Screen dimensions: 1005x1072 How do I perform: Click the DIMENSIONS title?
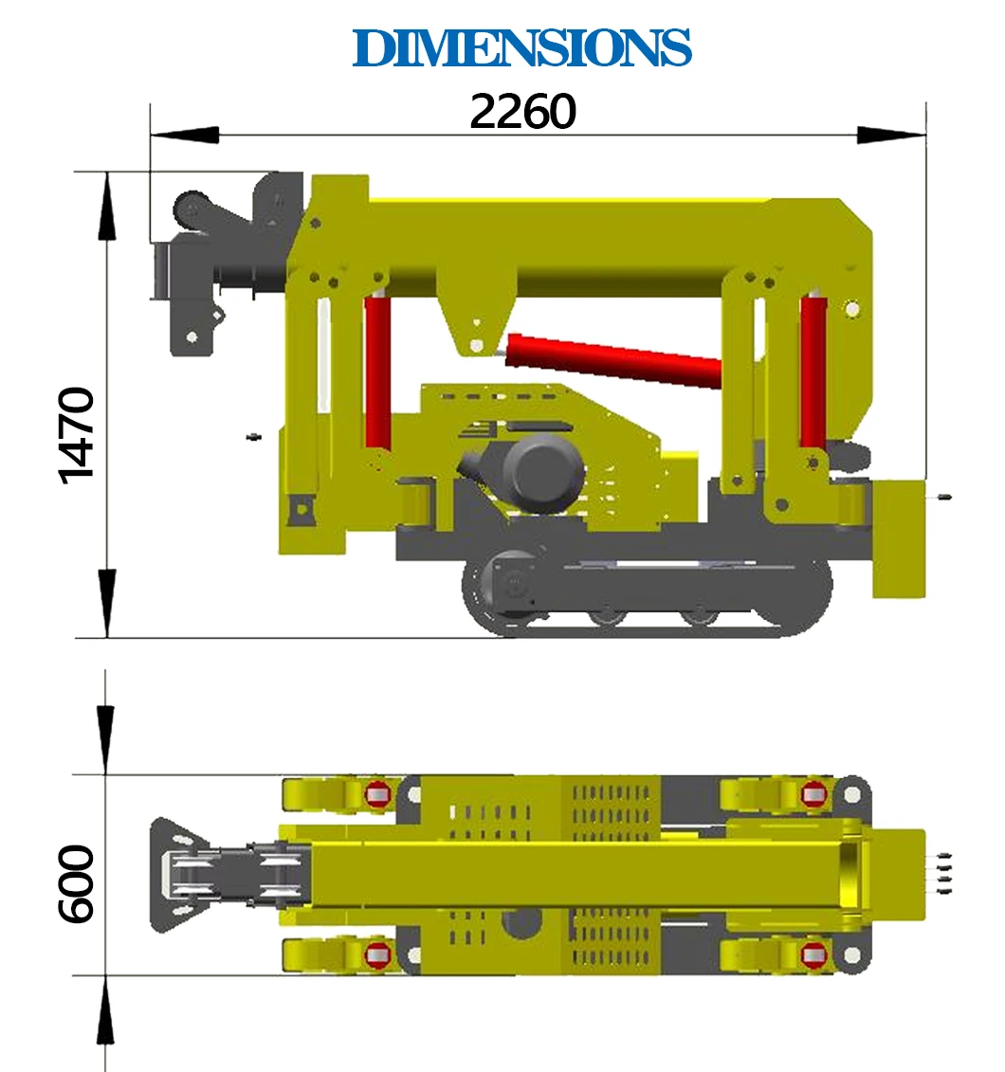point(521,47)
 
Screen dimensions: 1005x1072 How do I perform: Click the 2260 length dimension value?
point(523,112)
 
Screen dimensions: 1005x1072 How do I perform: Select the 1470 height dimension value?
point(76,435)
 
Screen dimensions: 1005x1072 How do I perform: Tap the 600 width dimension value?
point(76,884)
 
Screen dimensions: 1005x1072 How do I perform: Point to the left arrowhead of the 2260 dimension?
point(185,135)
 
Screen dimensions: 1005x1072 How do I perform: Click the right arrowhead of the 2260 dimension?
point(891,135)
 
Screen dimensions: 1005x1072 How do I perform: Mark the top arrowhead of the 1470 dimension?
point(106,206)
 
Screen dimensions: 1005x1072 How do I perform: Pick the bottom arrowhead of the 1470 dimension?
point(106,603)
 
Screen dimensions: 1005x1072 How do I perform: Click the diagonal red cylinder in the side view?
point(613,359)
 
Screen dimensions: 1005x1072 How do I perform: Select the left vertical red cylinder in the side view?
point(377,372)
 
